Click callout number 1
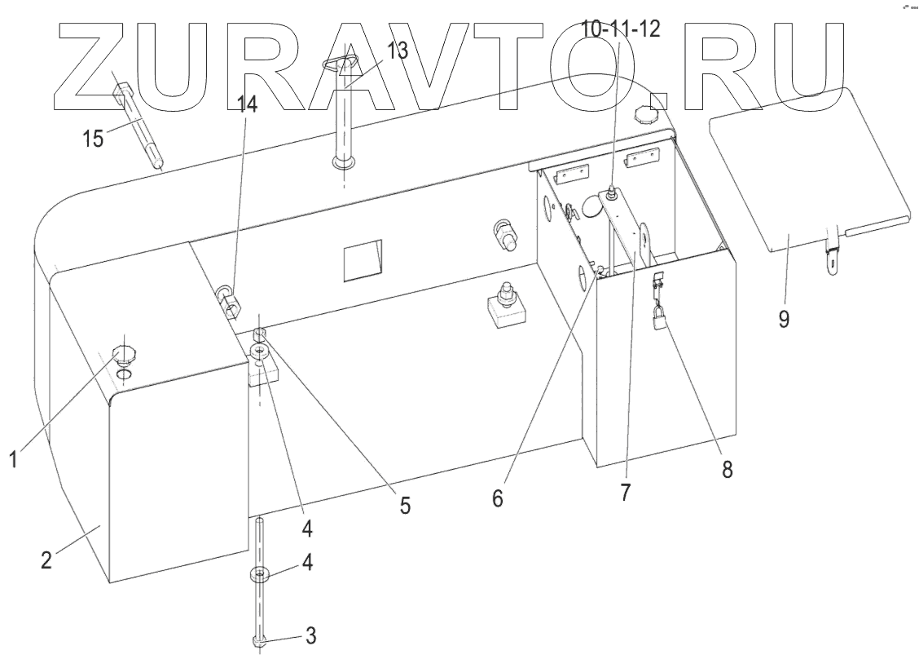pyautogui.click(x=13, y=460)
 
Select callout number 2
pyautogui.click(x=47, y=561)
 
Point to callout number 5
pyautogui.click(x=404, y=506)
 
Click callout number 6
pyautogui.click(x=498, y=497)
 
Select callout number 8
pyautogui.click(x=727, y=469)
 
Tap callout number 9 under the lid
pyautogui.click(x=783, y=318)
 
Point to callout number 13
pyautogui.click(x=397, y=50)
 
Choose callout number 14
pyautogui.click(x=247, y=105)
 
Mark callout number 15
pyautogui.click(x=93, y=138)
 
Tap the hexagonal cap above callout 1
pyautogui.click(x=124, y=353)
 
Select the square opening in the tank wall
pyautogui.click(x=361, y=260)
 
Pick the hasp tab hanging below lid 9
pyautogui.click(x=832, y=252)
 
